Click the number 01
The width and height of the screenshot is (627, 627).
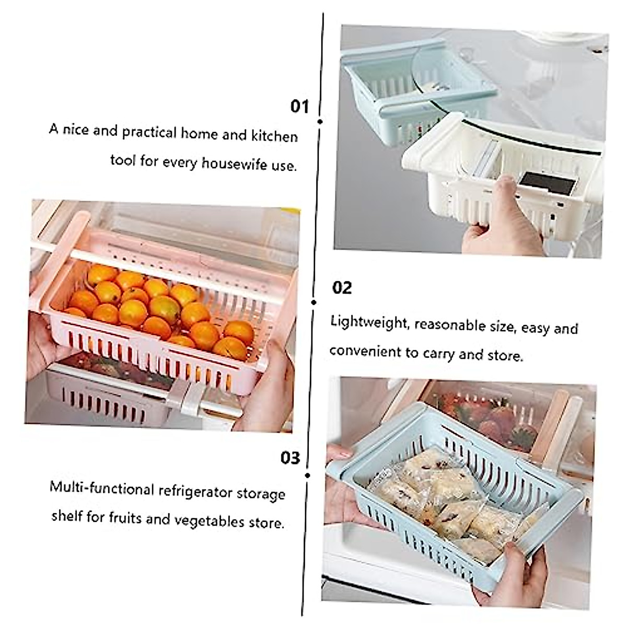300,106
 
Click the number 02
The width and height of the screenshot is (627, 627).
342,287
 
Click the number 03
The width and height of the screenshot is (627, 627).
291,458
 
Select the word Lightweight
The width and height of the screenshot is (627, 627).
369,322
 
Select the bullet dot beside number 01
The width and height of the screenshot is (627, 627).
320,121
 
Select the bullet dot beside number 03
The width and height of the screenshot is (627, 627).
308,475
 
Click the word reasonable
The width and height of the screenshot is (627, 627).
451,325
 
